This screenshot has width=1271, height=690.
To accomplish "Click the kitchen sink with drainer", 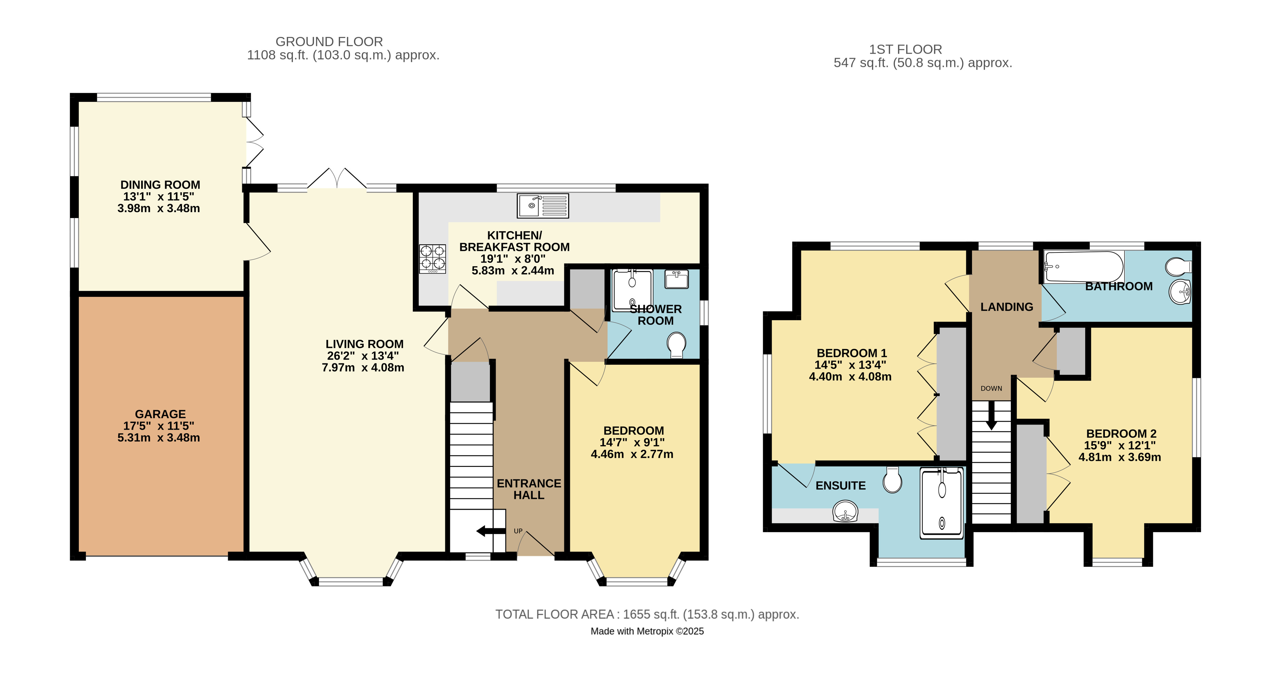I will point(543,206).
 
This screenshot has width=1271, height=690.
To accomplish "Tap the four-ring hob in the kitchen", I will point(432,258).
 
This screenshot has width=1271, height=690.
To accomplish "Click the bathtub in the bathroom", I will point(1083,267).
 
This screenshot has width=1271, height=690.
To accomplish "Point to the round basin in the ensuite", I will point(845,511).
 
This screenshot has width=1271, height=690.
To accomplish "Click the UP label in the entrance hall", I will point(518,531).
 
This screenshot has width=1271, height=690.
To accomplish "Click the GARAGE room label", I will point(160,414).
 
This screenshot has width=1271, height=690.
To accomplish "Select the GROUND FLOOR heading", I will point(329,41).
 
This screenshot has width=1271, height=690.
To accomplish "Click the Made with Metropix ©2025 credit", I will point(647,631).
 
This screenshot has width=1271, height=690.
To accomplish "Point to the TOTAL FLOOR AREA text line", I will point(647,615).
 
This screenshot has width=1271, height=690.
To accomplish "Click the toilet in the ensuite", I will point(892,480).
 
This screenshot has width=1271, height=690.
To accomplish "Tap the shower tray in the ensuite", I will point(941,503).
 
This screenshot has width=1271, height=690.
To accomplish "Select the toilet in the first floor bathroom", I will point(1178,267).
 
